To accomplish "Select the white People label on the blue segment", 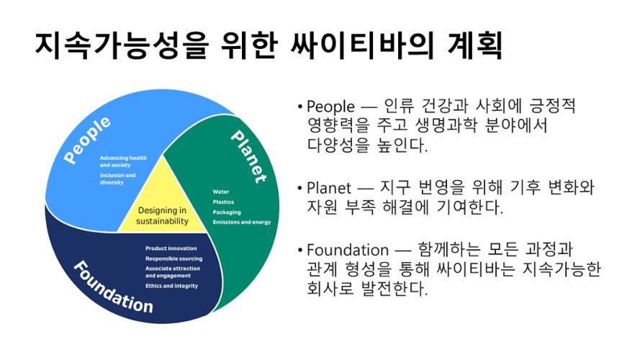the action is (x=87, y=140).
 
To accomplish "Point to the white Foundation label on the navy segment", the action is (x=114, y=287).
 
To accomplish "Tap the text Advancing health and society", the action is (x=123, y=161).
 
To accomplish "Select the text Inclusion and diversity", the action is (x=117, y=179).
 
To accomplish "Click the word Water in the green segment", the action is (x=221, y=192).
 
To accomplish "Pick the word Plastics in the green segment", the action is (x=223, y=202).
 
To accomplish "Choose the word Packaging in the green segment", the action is (x=227, y=212).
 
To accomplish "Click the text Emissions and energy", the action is (x=242, y=222).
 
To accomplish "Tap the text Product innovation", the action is (x=171, y=248).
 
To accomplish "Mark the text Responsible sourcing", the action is (x=174, y=258).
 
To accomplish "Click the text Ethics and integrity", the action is (x=171, y=286).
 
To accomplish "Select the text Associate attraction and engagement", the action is (x=173, y=272).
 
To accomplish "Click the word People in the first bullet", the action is (x=330, y=107).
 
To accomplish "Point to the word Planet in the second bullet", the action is (x=328, y=188).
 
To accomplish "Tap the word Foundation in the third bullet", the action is (x=348, y=250).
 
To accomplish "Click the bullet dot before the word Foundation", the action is (x=300, y=250).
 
